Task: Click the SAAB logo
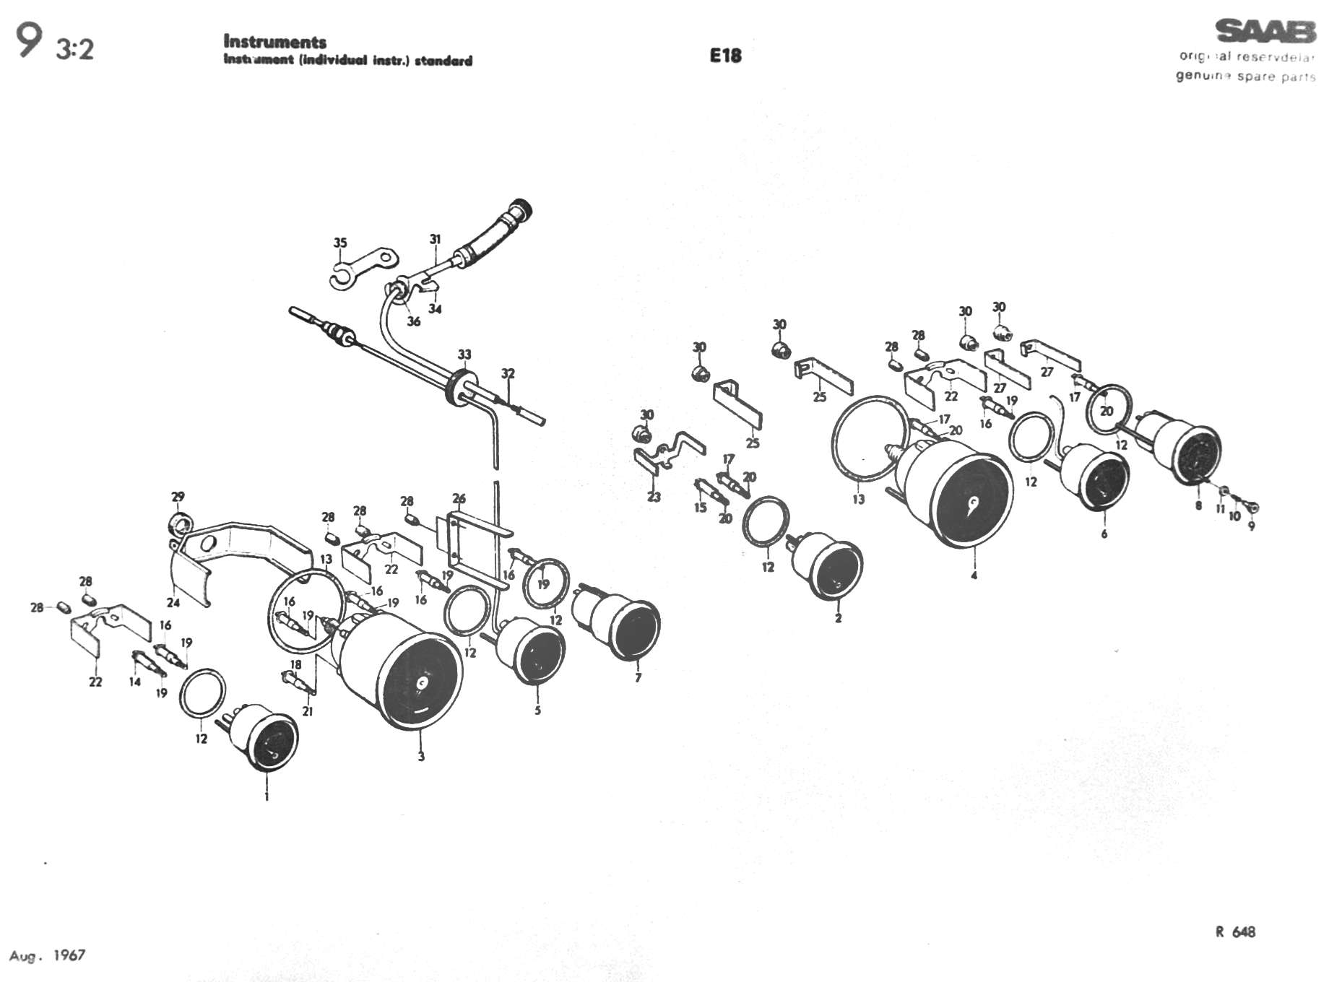[1264, 32]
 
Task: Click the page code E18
[725, 56]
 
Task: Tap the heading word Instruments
[274, 42]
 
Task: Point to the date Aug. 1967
[48, 955]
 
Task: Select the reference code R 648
[1235, 931]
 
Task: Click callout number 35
[340, 243]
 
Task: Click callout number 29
[178, 497]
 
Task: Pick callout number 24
[173, 602]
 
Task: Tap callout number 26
[459, 498]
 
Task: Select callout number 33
[464, 355]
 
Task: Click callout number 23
[654, 497]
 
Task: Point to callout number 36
[413, 321]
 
